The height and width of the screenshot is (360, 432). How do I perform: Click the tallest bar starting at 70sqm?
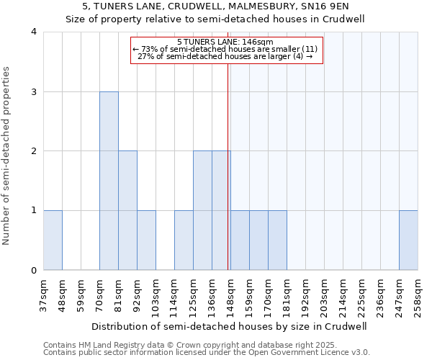(x=109, y=181)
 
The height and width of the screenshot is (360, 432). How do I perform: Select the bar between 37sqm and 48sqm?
(x=53, y=240)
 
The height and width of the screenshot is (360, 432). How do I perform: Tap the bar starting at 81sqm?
(x=127, y=210)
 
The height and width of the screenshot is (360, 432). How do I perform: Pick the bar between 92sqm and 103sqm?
(x=146, y=240)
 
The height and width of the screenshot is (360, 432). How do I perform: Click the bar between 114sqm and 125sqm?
(x=184, y=240)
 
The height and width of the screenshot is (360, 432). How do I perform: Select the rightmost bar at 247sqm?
(x=408, y=240)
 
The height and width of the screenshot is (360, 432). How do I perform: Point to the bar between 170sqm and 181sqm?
(x=277, y=240)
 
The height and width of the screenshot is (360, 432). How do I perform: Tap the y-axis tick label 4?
(x=34, y=32)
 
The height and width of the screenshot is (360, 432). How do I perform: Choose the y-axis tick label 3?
(x=34, y=91)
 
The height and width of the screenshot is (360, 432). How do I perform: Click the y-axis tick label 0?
(x=34, y=271)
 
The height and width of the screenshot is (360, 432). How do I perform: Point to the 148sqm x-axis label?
(x=230, y=293)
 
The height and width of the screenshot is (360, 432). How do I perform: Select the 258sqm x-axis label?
(x=418, y=293)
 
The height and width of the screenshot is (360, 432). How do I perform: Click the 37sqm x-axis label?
(x=43, y=293)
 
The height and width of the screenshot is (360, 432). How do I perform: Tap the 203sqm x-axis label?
(x=324, y=293)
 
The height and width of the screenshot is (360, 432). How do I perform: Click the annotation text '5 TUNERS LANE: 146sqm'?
(x=225, y=42)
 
